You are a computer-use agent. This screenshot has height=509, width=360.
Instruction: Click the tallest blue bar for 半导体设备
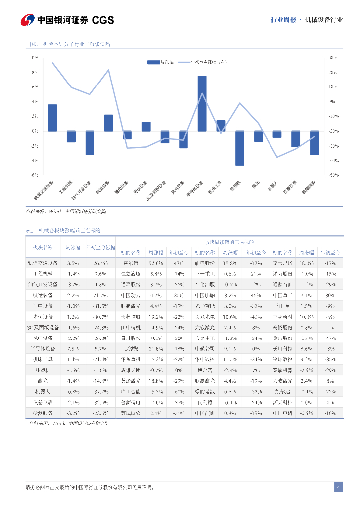[202, 103]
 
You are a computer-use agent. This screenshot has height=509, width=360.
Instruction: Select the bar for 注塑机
[240, 148]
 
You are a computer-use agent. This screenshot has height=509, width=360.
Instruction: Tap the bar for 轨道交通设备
[52, 118]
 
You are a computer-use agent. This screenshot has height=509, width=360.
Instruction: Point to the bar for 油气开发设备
[90, 143]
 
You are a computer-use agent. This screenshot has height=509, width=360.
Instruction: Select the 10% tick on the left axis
[34, 58]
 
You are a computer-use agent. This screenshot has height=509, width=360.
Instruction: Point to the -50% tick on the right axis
[333, 175]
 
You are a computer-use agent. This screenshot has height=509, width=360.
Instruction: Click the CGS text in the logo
[103, 20]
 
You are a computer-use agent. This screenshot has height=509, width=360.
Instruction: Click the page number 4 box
[338, 487]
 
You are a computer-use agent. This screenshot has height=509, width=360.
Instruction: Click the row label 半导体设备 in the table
[45, 348]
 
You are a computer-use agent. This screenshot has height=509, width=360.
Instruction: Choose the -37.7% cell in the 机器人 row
[100, 391]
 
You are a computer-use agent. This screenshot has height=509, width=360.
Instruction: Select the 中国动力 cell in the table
[131, 295]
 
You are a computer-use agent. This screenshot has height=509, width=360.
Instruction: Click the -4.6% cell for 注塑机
[73, 370]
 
